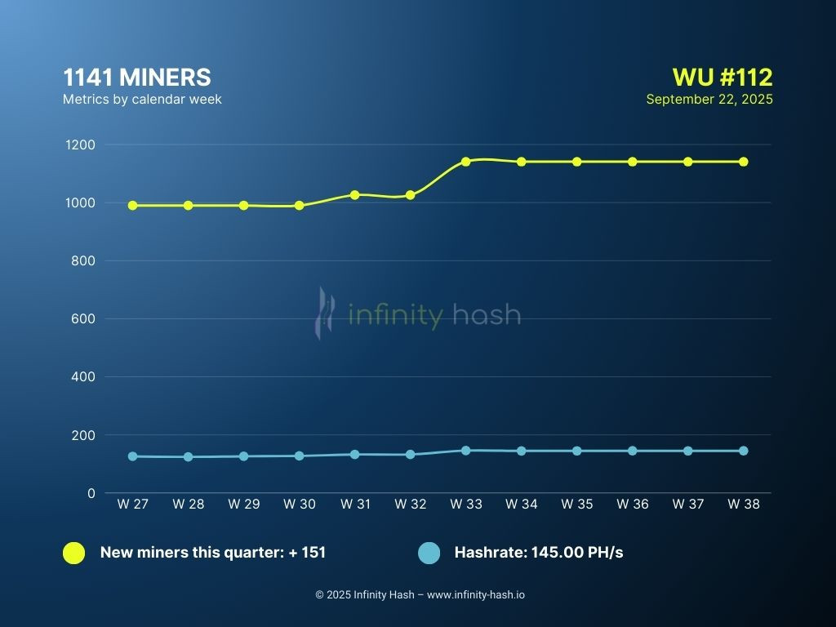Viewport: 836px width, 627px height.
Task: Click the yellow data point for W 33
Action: pos(465,162)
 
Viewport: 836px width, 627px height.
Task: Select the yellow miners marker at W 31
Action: pos(354,195)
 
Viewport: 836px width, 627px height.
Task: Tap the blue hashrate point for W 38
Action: pos(743,451)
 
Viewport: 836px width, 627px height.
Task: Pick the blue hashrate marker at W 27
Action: pos(132,456)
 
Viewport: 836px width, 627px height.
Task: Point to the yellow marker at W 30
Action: pos(299,206)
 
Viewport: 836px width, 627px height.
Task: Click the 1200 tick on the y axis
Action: pos(81,145)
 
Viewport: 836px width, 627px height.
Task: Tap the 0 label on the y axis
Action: pos(91,493)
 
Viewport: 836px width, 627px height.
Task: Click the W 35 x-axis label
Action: pos(576,505)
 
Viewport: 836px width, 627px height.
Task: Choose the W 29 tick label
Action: pos(243,505)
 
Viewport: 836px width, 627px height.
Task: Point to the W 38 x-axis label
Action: pos(743,505)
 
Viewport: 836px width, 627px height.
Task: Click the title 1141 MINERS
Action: pos(136,78)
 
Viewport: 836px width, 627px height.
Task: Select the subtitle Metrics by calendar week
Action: pos(142,100)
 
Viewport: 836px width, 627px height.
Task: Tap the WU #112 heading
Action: pos(722,78)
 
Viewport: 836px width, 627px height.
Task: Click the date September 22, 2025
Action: pos(709,100)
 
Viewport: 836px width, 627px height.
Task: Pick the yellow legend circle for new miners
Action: pos(73,553)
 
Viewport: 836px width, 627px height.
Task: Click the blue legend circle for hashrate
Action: pos(429,553)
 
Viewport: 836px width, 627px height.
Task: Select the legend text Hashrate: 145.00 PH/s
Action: pos(538,553)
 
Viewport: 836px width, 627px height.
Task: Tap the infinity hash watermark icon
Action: pos(326,313)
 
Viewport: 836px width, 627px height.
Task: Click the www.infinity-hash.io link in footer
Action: pos(475,595)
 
